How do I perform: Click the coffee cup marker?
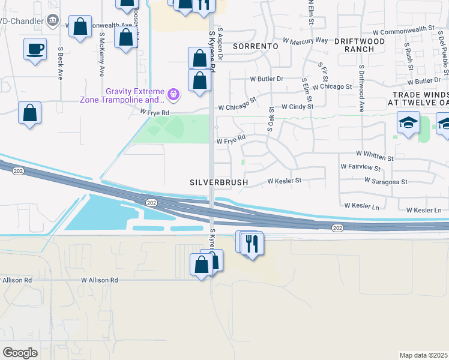tap(35, 49)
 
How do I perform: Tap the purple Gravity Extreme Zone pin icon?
tap(174, 94)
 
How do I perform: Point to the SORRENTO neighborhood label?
tap(256, 46)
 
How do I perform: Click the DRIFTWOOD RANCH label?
tap(362, 45)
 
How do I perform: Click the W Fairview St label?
tap(360, 166)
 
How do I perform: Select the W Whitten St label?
tap(374, 155)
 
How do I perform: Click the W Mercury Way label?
tap(306, 41)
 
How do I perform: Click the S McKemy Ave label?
tap(101, 54)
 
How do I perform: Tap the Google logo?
tap(20, 353)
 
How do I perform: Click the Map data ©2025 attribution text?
tap(423, 355)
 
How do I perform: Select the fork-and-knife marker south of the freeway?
tap(252, 244)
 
